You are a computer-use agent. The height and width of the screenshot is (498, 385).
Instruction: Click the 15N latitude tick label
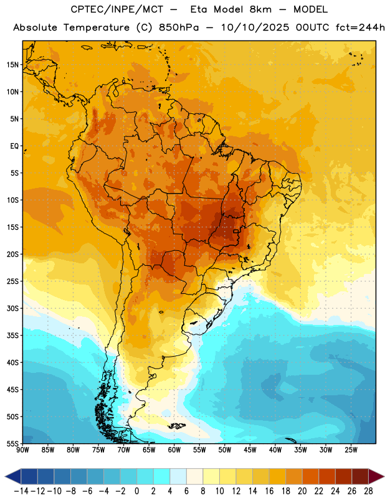(x=12, y=65)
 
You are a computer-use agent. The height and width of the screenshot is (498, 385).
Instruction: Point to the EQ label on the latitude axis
(x=14, y=146)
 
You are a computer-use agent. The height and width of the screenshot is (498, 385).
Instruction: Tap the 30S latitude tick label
(x=12, y=308)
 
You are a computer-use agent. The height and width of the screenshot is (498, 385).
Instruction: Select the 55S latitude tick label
(x=12, y=443)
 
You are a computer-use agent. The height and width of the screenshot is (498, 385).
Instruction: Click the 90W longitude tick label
(x=22, y=450)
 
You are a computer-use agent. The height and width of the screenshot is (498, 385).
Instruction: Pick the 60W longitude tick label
(x=174, y=450)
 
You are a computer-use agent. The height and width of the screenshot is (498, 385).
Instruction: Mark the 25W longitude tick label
(x=351, y=450)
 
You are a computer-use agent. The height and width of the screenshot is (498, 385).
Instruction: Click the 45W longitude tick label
(x=250, y=450)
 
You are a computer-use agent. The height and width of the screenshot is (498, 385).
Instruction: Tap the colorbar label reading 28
(x=368, y=491)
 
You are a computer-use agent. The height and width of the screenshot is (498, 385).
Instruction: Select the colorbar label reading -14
(x=21, y=491)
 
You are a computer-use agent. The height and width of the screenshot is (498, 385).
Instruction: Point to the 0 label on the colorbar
(x=137, y=491)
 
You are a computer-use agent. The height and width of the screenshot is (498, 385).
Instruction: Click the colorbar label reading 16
(x=269, y=491)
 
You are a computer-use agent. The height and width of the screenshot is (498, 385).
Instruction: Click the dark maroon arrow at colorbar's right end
(x=376, y=476)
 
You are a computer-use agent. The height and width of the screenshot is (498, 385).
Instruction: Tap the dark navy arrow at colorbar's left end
(x=13, y=476)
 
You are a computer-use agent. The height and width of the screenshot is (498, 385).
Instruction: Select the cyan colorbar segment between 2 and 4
(x=162, y=476)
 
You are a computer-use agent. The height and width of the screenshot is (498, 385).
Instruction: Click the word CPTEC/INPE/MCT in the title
(x=116, y=9)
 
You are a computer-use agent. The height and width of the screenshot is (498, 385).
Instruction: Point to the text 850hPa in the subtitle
(x=179, y=27)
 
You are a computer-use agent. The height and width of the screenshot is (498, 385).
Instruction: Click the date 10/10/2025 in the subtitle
(x=255, y=27)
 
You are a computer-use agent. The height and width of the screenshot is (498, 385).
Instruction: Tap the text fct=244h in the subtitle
(x=360, y=27)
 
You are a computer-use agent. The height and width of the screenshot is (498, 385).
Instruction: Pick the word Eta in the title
(x=199, y=9)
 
